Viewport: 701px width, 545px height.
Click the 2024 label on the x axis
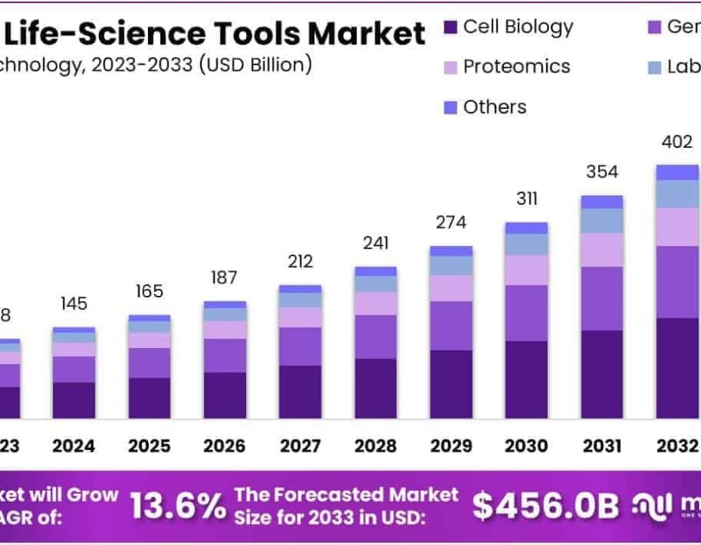(x=74, y=446)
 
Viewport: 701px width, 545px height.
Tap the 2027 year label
(x=300, y=446)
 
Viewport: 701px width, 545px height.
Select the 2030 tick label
(x=527, y=446)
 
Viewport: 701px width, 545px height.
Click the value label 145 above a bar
(x=74, y=304)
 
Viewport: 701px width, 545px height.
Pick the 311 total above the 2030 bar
(x=527, y=199)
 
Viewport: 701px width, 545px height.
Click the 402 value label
(x=676, y=142)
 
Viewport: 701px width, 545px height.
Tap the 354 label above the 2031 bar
(x=602, y=171)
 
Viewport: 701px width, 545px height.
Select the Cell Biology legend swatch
(x=450, y=28)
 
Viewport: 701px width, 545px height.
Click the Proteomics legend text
(x=516, y=67)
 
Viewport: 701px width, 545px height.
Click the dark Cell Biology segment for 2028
(x=375, y=388)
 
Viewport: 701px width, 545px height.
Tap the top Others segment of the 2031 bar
(x=602, y=202)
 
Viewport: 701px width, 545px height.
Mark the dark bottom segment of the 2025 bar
(x=150, y=398)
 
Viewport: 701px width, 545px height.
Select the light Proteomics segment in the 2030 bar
(x=527, y=269)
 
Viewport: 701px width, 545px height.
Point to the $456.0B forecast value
(x=546, y=506)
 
